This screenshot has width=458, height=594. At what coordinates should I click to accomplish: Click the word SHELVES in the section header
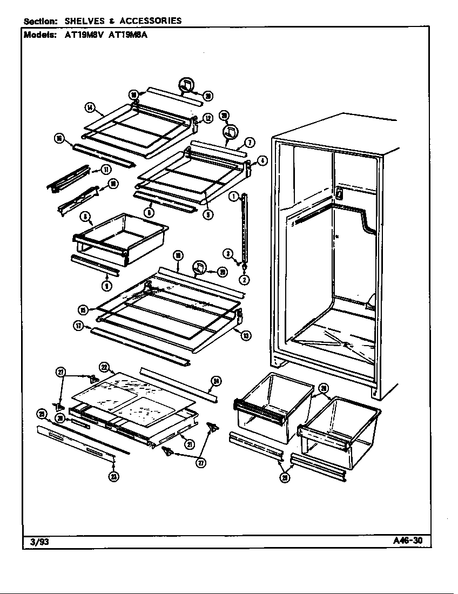[85, 21]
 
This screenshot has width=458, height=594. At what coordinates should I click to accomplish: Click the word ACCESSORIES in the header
[150, 21]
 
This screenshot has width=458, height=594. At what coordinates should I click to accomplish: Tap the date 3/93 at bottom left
[37, 542]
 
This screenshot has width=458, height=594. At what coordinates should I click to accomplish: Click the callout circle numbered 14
[90, 107]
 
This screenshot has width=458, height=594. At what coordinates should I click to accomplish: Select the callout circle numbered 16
[59, 139]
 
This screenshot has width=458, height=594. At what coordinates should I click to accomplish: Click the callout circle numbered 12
[207, 118]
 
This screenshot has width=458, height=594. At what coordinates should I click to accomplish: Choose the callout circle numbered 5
[208, 214]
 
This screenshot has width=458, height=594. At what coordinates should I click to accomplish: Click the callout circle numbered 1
[233, 197]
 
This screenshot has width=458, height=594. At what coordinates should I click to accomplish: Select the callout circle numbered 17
[78, 325]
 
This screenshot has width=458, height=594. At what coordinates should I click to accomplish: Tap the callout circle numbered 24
[215, 382]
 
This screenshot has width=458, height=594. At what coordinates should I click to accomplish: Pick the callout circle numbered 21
[190, 444]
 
